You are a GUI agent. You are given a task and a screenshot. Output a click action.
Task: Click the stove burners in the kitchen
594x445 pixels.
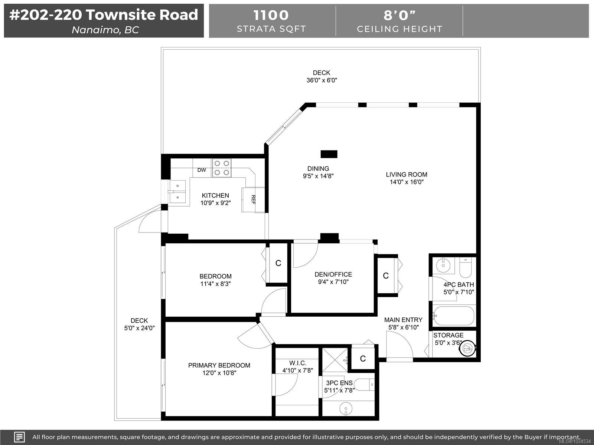point(222,168)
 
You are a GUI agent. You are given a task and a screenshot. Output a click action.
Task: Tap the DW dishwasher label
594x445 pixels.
point(202,170)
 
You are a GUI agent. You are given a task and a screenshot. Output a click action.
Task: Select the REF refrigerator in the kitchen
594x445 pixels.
point(253,200)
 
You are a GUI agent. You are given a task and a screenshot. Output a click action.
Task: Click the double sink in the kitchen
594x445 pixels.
point(178,192)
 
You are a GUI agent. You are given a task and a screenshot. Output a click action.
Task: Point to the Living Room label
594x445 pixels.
point(407,174)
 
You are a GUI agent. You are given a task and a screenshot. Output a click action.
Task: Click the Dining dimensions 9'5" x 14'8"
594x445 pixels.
point(318,176)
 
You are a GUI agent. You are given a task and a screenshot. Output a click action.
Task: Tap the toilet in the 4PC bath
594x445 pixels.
point(465,268)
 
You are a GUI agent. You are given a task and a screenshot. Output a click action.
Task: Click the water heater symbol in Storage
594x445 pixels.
point(467,348)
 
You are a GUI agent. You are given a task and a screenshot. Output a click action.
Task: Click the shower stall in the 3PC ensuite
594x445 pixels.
point(335,360)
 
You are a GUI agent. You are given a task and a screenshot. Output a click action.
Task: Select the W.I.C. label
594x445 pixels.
point(297,363)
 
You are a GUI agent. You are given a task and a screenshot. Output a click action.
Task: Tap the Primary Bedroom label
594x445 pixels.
point(219,365)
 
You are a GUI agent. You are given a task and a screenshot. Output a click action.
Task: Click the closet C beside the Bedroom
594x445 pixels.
point(278,263)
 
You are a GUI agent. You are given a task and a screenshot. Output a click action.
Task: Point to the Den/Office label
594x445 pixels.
point(333,274)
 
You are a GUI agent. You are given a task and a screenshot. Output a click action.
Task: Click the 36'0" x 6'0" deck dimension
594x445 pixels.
point(322,80)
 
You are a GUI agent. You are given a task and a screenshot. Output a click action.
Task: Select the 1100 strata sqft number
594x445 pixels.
point(271,15)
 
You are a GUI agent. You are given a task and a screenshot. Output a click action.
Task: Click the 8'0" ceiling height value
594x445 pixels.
point(399,15)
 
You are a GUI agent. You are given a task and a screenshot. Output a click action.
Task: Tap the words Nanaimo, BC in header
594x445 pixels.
point(105,30)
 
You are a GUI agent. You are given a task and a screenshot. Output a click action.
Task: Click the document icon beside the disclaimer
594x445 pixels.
point(19,437)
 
